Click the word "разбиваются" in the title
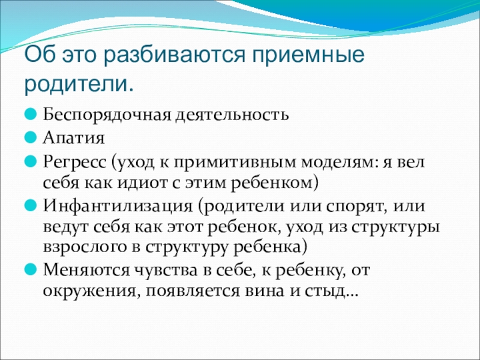coord(174,55)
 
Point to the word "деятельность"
coord(232,115)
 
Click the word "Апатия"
coord(74,138)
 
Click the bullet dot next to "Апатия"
coord(31,138)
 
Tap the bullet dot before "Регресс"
coord(31,161)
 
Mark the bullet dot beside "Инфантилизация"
coord(31,206)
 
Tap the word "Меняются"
coord(86,270)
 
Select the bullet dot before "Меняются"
coord(31,269)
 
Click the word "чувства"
coord(166,271)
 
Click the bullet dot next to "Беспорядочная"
coord(31,114)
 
